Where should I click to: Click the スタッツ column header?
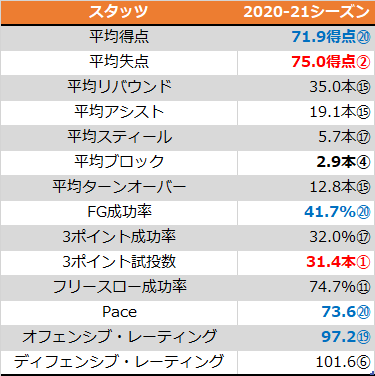pyautogui.click(x=119, y=12)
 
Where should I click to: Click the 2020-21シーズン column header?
pyautogui.click(x=306, y=12)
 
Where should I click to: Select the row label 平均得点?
pyautogui.click(x=119, y=37)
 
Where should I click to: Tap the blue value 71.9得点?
pyautogui.click(x=324, y=37)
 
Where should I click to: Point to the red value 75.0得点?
pyautogui.click(x=324, y=62)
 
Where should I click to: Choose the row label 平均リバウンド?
pyautogui.click(x=119, y=87)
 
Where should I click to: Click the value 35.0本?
pyautogui.click(x=333, y=87)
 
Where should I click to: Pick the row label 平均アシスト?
pyautogui.click(x=119, y=112)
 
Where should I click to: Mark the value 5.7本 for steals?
pyautogui.click(x=337, y=137)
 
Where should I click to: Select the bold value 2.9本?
pyautogui.click(x=336, y=162)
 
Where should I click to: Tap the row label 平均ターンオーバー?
pyautogui.click(x=119, y=187)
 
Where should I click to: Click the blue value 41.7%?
pyautogui.click(x=330, y=212)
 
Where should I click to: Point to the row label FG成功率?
pyautogui.click(x=119, y=212)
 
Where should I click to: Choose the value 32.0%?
pyautogui.click(x=333, y=237)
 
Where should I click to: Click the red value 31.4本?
pyautogui.click(x=331, y=262)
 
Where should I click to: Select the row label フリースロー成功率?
pyautogui.click(x=119, y=287)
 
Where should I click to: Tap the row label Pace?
pyautogui.click(x=119, y=312)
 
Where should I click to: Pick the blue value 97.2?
pyautogui.click(x=339, y=337)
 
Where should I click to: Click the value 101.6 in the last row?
pyautogui.click(x=336, y=362)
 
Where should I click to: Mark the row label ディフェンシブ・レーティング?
pyautogui.click(x=119, y=362)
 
